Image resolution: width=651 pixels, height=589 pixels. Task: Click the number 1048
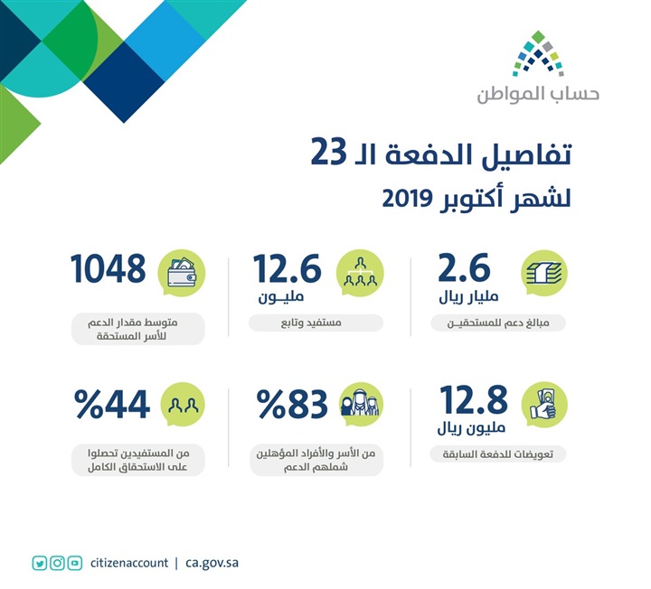coord(108,269)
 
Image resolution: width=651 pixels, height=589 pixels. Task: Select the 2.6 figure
coord(463,269)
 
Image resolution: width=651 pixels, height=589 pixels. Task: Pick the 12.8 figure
coord(472,399)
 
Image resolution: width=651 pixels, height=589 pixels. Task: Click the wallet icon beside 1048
coord(184,272)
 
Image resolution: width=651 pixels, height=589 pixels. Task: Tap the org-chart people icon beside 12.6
coord(361,272)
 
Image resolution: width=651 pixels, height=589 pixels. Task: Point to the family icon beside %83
coord(361,406)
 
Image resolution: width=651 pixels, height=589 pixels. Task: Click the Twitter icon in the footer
coord(39,563)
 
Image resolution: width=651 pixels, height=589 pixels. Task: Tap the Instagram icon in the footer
coord(57,563)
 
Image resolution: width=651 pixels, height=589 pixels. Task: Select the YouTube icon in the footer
coord(75,563)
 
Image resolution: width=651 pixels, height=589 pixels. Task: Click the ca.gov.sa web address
coord(212,563)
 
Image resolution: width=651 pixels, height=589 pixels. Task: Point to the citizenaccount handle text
coord(129,563)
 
